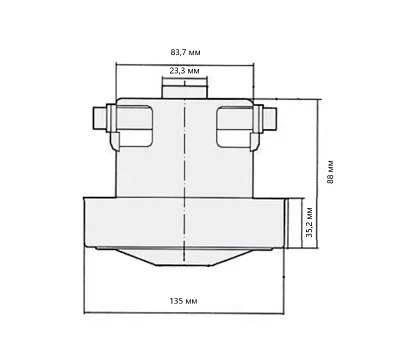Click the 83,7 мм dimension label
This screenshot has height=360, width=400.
tap(186, 52)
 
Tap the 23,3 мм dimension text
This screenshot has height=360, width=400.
tap(184, 71)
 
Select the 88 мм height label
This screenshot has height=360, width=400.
tap(330, 172)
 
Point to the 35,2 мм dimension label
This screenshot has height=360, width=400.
tap(309, 222)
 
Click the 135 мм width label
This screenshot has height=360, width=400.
tap(183, 301)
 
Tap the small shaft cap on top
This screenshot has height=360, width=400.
tap(184, 92)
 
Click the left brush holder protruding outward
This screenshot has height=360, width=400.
tap(99, 119)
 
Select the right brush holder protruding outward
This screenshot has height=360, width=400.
tap(270, 119)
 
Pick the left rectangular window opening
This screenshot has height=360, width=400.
tap(135, 126)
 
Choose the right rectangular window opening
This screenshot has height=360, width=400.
tap(235, 126)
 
